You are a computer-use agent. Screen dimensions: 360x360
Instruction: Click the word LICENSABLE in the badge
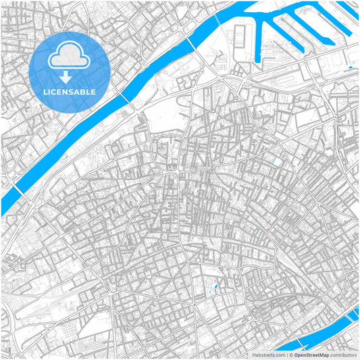point(70,91)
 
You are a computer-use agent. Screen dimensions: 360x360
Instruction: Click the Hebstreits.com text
point(267,355)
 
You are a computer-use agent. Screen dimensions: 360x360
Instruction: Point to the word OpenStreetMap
point(312,355)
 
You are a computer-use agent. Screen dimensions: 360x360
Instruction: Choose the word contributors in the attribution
point(344,355)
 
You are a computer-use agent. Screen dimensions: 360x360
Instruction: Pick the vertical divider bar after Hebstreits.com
point(287,355)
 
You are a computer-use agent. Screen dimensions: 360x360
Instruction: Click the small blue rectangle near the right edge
point(351,68)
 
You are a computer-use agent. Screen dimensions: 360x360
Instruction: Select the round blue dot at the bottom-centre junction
point(195,305)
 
